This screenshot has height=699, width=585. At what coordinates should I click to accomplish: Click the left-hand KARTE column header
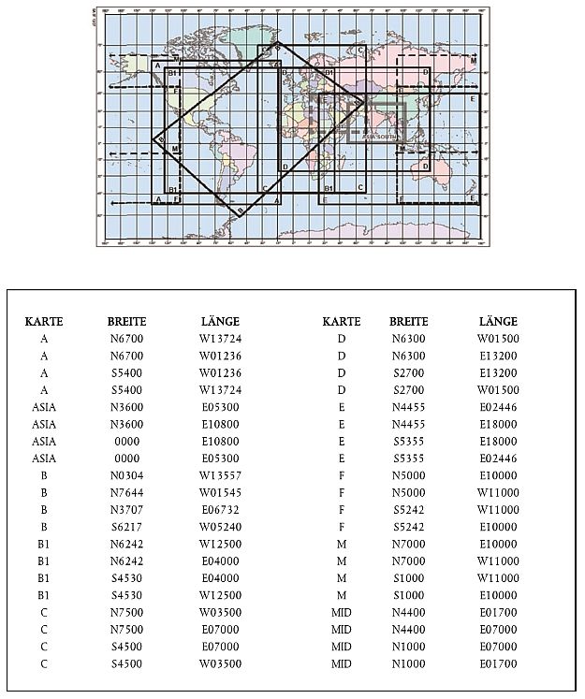pyautogui.click(x=44, y=322)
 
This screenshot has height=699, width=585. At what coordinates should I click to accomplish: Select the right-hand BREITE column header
pyautogui.click(x=408, y=322)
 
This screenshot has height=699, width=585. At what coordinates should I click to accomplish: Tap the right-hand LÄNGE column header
pyautogui.click(x=498, y=322)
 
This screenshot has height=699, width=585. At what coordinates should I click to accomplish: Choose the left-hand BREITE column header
pyautogui.click(x=126, y=322)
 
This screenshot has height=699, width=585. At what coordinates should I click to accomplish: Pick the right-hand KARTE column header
pyautogui.click(x=342, y=322)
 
